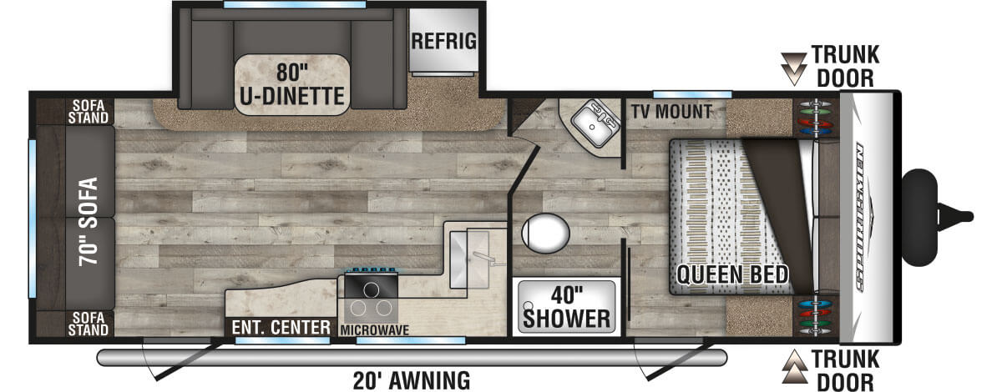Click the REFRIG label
pyautogui.click(x=443, y=41)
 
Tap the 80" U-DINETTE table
pyautogui.click(x=292, y=85)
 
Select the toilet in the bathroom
pyautogui.click(x=545, y=233)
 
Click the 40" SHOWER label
pyautogui.click(x=566, y=308)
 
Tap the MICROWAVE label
pyautogui.click(x=374, y=330)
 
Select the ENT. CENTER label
pyautogui.click(x=281, y=328)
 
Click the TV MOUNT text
pyautogui.click(x=671, y=111)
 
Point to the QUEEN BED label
pyautogui.click(x=731, y=274)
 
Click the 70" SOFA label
pyautogui.click(x=89, y=222)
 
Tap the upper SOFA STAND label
pyautogui.click(x=89, y=112)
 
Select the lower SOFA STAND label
pyautogui.click(x=89, y=324)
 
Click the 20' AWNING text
pyautogui.click(x=412, y=381)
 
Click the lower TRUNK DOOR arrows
pyautogui.click(x=794, y=366)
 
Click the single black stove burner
pyautogui.click(x=371, y=290)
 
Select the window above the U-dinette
pyautogui.click(x=294, y=5)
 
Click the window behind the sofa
pyautogui.click(x=33, y=219)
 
